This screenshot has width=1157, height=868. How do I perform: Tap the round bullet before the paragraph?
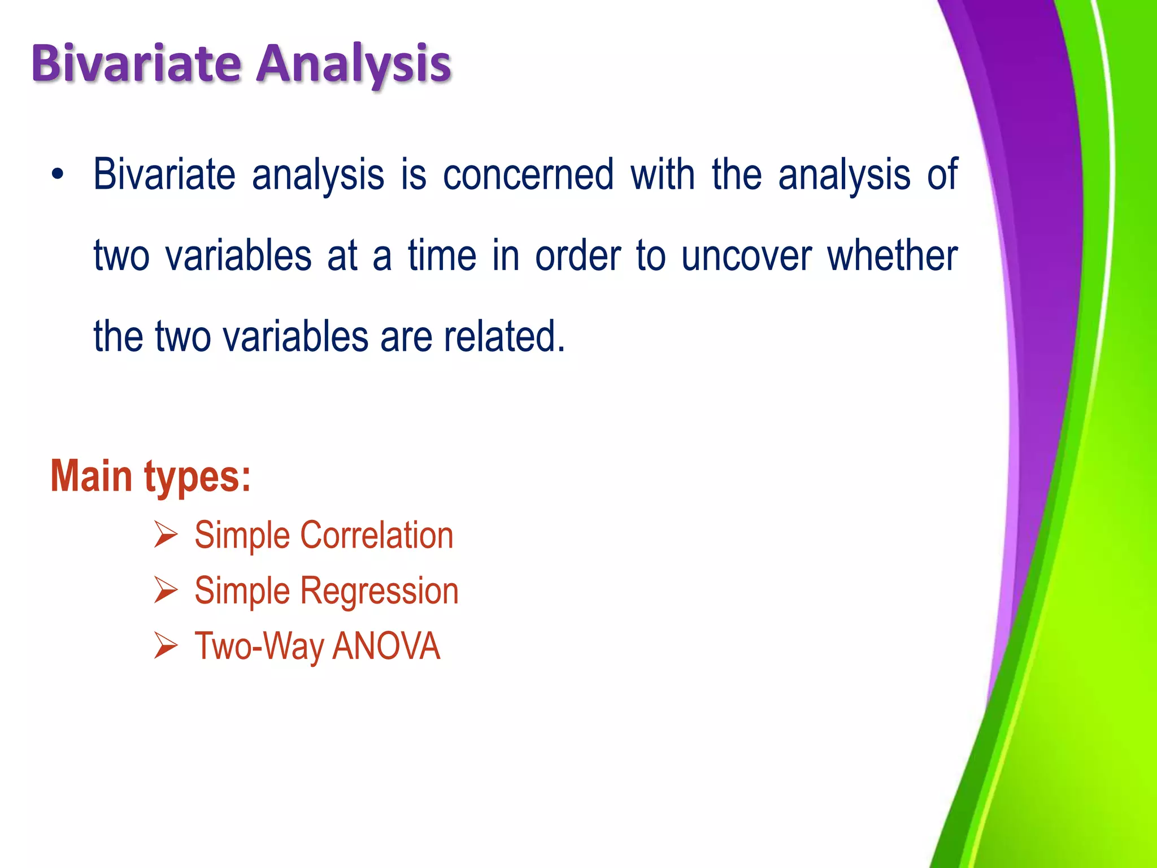58,175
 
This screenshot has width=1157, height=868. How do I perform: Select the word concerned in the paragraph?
528,175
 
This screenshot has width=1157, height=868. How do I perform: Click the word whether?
893,256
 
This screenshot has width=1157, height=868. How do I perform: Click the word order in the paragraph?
577,256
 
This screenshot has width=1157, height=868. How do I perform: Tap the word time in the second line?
442,256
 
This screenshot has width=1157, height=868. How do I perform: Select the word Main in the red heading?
92,476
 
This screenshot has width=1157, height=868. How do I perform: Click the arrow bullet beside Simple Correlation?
166,535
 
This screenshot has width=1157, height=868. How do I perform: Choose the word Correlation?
376,535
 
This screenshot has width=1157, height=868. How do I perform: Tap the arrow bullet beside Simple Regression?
166,591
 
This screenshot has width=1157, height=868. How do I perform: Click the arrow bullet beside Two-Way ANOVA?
166,646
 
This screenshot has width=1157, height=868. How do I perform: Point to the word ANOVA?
386,646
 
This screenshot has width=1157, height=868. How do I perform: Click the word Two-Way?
259,646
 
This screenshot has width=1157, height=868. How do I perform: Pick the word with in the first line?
662,175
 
